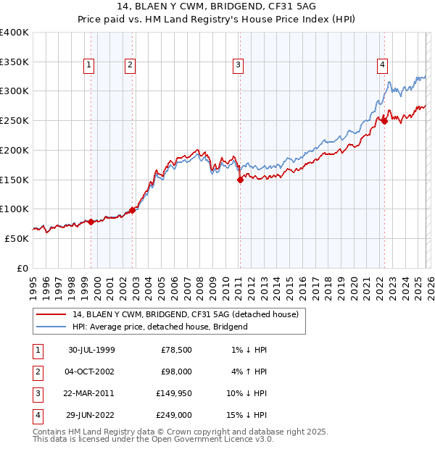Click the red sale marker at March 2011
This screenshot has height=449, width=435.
240,180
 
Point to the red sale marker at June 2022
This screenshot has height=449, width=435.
384,121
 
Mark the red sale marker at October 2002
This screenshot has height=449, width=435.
132,211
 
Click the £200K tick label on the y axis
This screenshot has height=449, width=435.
14,150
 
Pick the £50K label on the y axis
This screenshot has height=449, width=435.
17,238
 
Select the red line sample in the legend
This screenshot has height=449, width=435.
50,314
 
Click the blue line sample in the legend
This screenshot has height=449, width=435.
50,327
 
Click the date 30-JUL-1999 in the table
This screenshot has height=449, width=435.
91,350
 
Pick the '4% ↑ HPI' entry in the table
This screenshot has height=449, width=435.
248,372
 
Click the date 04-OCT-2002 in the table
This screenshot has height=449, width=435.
91,372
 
